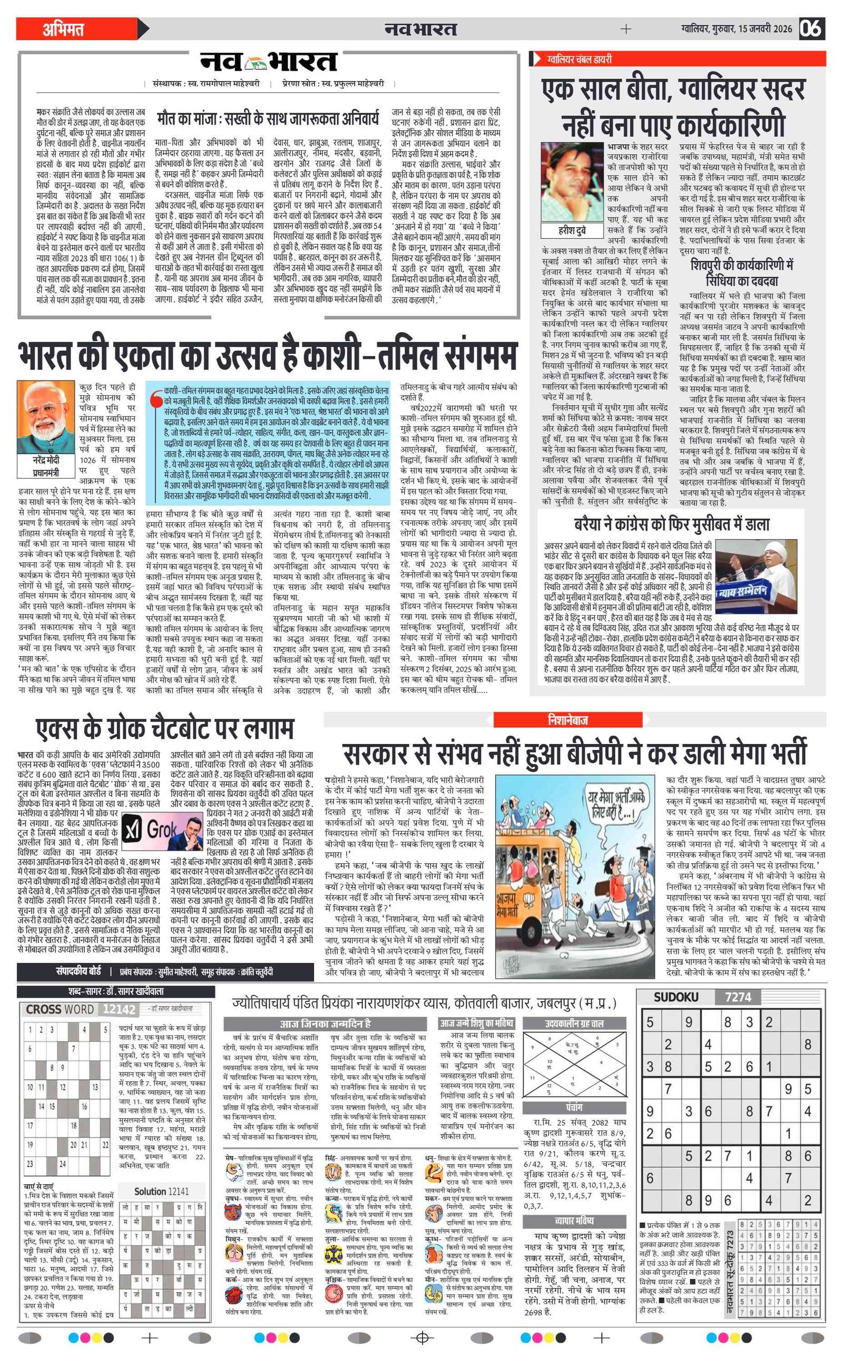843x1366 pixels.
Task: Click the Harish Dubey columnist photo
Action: click(572, 181)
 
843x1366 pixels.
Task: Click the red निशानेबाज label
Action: click(567, 720)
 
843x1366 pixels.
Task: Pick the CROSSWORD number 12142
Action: click(119, 1009)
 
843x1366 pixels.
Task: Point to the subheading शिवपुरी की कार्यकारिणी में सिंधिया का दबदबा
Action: click(741, 272)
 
